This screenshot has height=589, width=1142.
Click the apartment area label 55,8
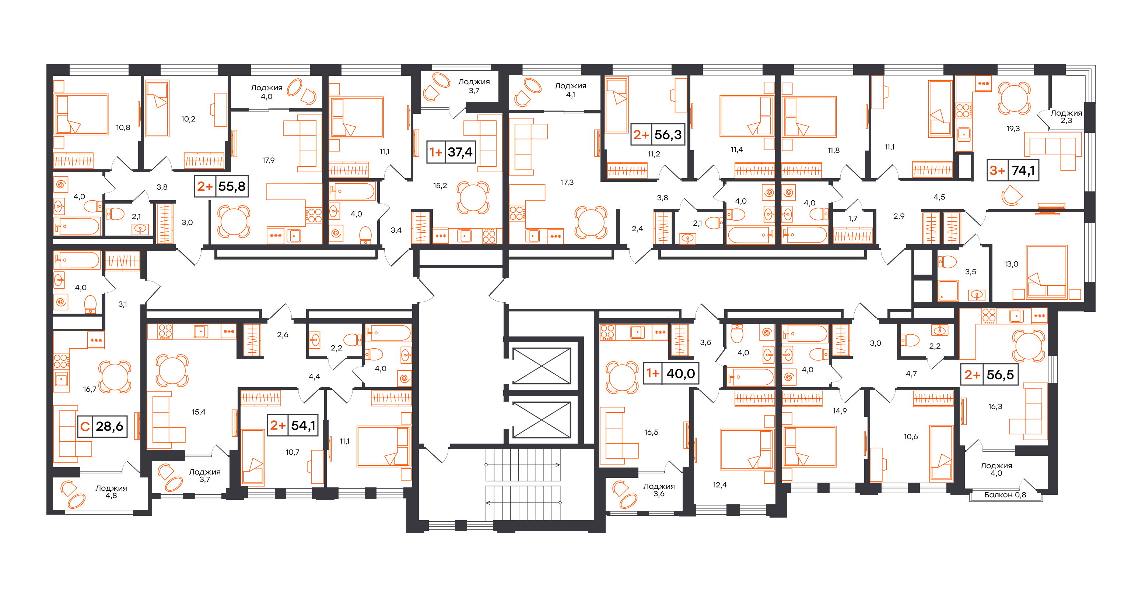tap(232, 186)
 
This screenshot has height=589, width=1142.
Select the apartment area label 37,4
tap(460, 152)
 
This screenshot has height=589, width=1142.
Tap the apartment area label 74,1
tap(1023, 170)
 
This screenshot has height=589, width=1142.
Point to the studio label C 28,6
tap(102, 426)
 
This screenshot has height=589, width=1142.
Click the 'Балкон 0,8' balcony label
tap(1005, 495)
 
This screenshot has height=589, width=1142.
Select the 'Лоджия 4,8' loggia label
tap(111, 491)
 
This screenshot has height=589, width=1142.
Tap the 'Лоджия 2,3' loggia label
tap(1066, 116)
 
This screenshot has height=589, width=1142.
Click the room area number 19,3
tap(1013, 129)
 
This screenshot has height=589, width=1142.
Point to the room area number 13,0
tap(1011, 264)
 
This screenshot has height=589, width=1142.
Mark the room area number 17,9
tap(268, 160)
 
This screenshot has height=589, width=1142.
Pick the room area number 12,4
tap(719, 485)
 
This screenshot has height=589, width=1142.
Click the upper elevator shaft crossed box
tap(541, 366)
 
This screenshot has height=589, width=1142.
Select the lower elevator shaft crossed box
tap(541, 420)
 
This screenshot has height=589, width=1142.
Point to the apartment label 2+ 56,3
tap(658, 135)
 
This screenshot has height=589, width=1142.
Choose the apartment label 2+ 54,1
tap(292, 426)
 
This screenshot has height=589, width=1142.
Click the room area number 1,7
tap(853, 218)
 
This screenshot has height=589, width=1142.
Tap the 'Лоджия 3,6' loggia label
tap(659, 490)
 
